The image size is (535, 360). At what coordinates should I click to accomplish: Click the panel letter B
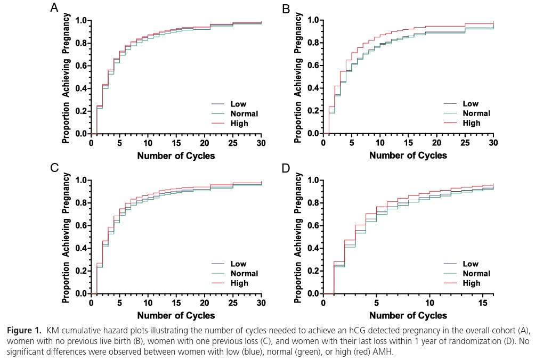[x=286, y=9]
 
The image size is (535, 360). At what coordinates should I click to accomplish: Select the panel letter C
[x=54, y=168]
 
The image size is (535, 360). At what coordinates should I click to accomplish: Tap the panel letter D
[x=286, y=168]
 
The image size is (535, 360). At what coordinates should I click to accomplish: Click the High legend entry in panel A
[x=240, y=124]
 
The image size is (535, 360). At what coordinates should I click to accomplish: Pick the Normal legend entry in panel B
[x=476, y=113]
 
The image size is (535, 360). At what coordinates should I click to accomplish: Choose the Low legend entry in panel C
[x=239, y=264]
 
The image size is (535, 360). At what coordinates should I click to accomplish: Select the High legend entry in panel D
[x=472, y=283]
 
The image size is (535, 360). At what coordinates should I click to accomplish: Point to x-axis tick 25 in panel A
[x=233, y=144]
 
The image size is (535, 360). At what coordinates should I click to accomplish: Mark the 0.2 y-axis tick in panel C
[x=80, y=271]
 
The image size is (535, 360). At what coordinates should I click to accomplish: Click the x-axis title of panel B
[x=408, y=156]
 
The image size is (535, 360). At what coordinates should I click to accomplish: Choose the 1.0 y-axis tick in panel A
[x=80, y=21]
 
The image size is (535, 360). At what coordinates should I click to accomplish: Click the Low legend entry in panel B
[x=471, y=104]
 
